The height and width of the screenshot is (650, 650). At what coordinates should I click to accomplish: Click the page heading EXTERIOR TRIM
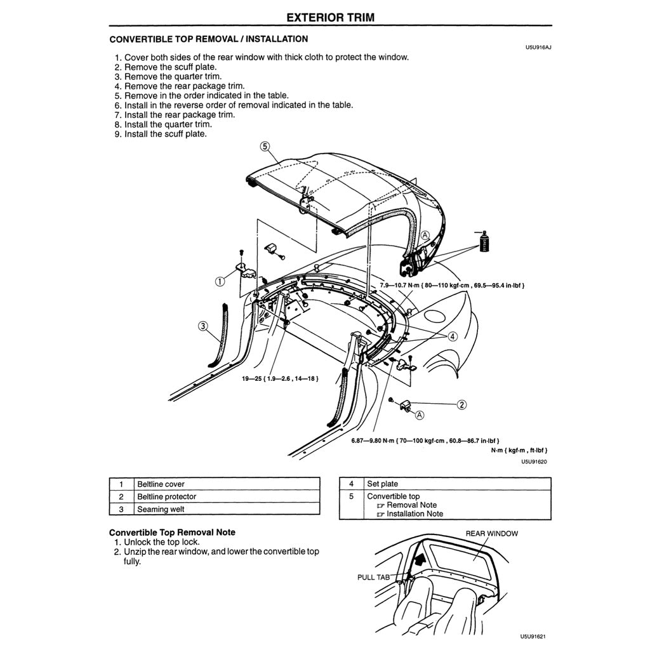tap(330, 17)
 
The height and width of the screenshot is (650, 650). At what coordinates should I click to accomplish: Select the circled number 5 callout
tap(265, 146)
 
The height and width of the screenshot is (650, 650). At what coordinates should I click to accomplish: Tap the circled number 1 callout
tap(219, 281)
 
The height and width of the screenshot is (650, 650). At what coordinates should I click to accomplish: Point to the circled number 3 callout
tap(202, 326)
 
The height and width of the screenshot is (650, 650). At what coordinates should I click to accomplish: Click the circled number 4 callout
tap(453, 336)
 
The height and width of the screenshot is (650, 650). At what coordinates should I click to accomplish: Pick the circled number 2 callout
tap(462, 404)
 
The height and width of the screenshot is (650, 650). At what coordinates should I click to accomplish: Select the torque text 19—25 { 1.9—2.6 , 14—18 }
tap(279, 378)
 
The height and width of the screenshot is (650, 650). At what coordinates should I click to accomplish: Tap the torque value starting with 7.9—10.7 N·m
tap(451, 286)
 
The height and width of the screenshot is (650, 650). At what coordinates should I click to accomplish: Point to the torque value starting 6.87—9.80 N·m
tap(425, 441)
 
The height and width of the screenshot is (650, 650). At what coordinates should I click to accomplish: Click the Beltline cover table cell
tap(161, 484)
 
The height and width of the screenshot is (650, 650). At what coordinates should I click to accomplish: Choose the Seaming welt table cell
tap(161, 509)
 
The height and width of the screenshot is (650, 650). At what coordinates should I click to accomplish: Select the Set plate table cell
tap(382, 484)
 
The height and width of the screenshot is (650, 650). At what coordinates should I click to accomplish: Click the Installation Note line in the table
tap(415, 514)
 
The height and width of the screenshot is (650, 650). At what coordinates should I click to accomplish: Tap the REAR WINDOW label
tap(491, 533)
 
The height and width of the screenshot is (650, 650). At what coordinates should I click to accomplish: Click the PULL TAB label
tap(375, 578)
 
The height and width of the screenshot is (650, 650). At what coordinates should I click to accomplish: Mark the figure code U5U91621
tap(533, 636)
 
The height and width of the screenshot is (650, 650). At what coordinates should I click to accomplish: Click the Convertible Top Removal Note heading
tap(172, 532)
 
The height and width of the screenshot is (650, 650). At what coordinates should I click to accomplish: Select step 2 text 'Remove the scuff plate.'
tap(170, 67)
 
